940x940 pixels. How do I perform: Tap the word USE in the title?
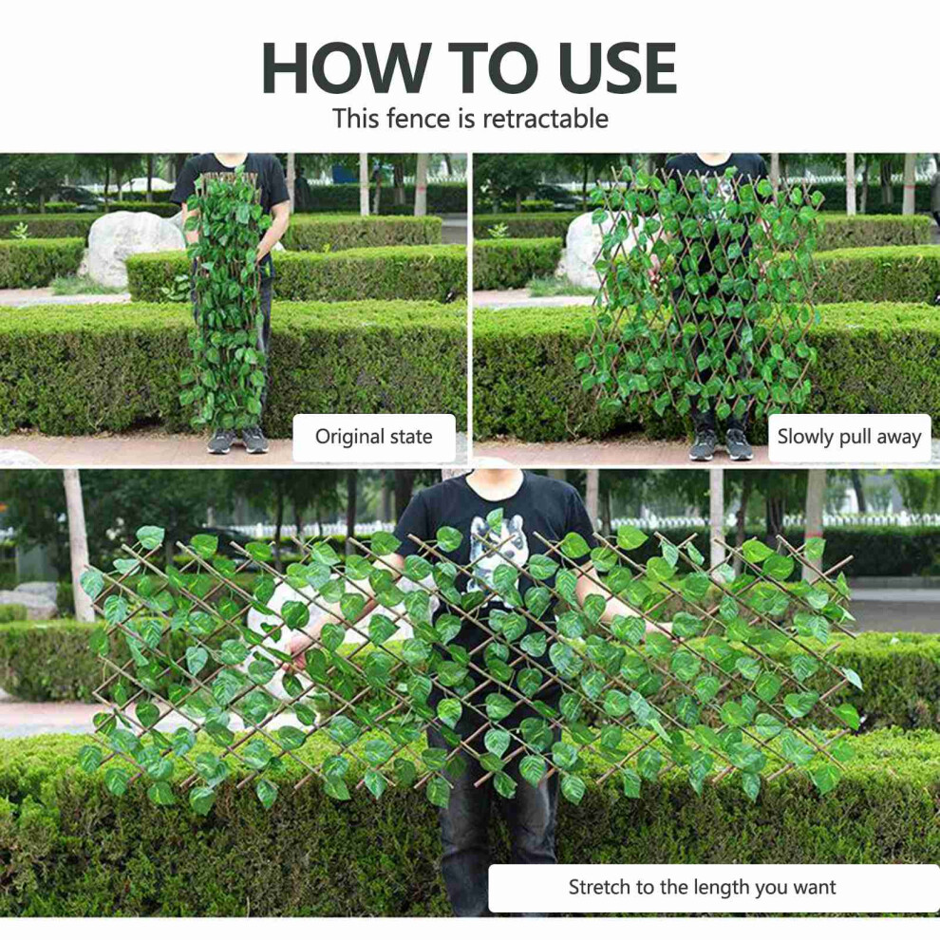coord(617,67)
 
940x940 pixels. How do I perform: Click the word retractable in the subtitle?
coord(545,118)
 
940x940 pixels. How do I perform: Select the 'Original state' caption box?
coord(374,437)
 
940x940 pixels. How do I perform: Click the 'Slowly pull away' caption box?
coord(849,437)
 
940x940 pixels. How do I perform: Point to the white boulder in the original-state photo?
coord(132,247)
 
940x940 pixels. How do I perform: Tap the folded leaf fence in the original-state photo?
coord(226,300)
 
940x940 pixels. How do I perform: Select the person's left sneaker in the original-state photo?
coord(221,441)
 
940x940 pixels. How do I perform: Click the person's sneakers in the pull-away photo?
coord(720,444)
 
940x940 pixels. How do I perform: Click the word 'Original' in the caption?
coord(350,437)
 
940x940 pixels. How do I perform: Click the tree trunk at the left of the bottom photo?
coord(79,546)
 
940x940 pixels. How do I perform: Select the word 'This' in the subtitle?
coord(356,118)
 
